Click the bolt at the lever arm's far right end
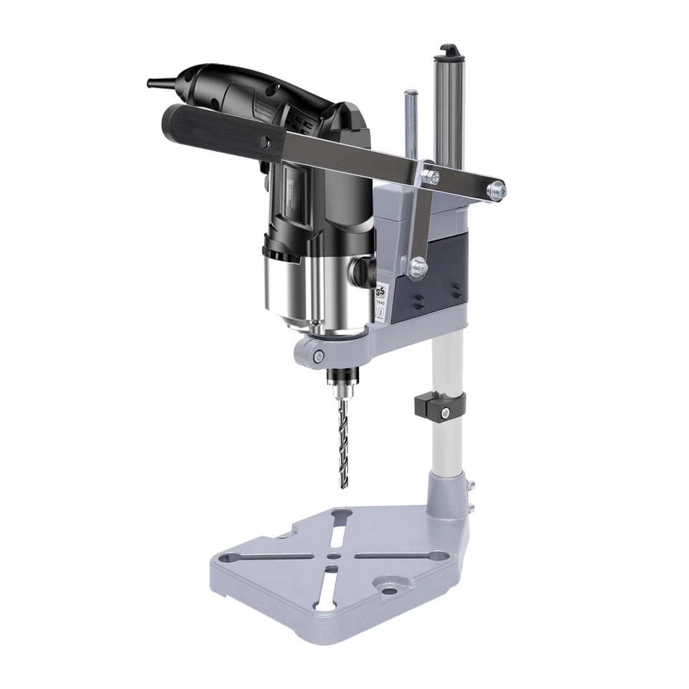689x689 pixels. click(x=496, y=189)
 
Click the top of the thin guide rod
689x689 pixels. click(x=410, y=94)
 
